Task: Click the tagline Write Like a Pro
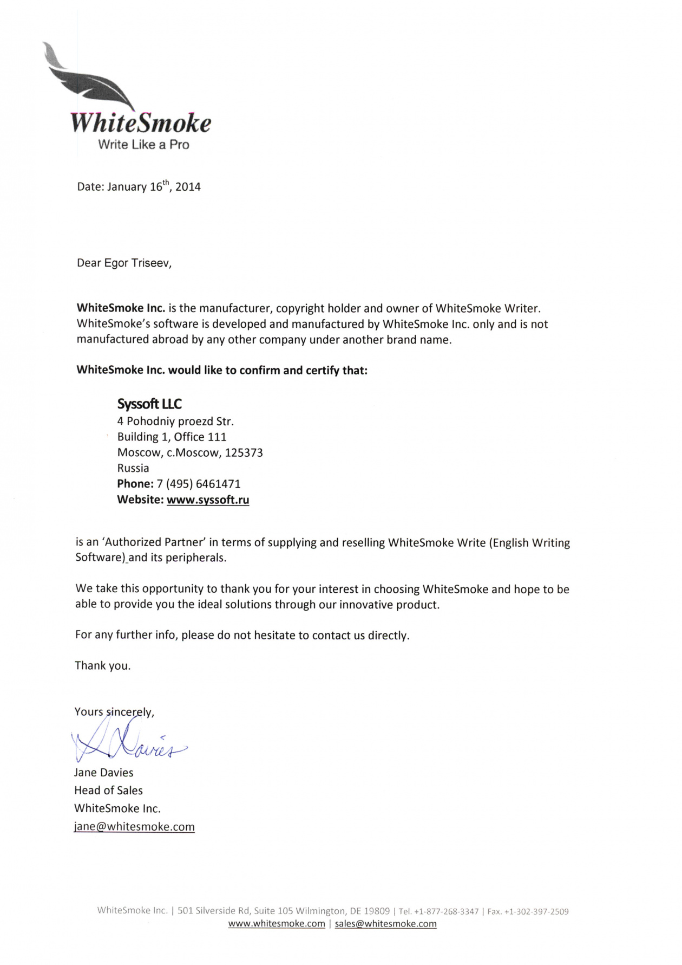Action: click(x=143, y=145)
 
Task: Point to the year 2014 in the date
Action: click(x=188, y=187)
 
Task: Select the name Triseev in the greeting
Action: click(x=151, y=263)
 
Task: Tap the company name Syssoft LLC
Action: click(x=149, y=404)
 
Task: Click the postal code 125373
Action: click(x=244, y=453)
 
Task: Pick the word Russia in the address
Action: click(x=133, y=469)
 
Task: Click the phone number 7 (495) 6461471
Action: click(x=199, y=484)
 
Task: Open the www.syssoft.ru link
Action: click(x=208, y=500)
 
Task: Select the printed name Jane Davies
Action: click(x=104, y=773)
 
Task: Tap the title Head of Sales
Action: click(x=109, y=791)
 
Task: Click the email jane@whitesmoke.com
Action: click(x=134, y=827)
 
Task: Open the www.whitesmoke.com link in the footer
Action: click(x=277, y=924)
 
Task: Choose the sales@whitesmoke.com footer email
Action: click(x=385, y=924)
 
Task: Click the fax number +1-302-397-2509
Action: click(x=536, y=912)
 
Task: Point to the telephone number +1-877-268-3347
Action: click(x=447, y=912)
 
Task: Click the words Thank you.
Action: click(x=103, y=666)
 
